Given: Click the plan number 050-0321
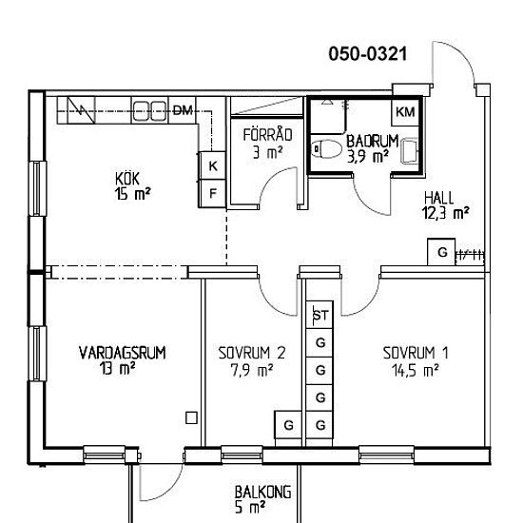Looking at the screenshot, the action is (x=368, y=54).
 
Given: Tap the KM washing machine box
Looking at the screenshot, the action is (x=405, y=112).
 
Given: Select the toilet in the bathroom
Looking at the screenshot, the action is (x=327, y=148).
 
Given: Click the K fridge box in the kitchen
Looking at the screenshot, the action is (x=212, y=165).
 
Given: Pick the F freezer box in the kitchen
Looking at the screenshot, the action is (x=212, y=193).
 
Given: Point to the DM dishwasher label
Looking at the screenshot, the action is (x=183, y=110).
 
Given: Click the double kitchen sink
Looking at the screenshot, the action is (x=150, y=110).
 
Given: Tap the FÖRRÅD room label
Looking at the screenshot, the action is (x=267, y=135).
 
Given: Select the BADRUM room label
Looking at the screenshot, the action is (x=372, y=142).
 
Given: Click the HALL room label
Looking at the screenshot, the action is (x=439, y=198).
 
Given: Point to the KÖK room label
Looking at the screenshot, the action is (x=127, y=179).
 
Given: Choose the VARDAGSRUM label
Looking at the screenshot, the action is (x=122, y=353).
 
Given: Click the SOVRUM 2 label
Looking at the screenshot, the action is (x=252, y=353).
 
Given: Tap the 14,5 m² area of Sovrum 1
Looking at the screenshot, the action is (x=416, y=371).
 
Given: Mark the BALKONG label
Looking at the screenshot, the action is (x=262, y=493).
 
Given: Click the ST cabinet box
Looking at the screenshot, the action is (x=320, y=315).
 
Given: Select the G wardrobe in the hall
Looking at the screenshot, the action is (x=441, y=252).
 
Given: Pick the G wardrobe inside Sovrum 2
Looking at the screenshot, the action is (x=288, y=425).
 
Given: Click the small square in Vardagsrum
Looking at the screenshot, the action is (x=191, y=418).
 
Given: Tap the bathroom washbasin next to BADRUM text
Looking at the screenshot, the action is (x=410, y=152).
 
